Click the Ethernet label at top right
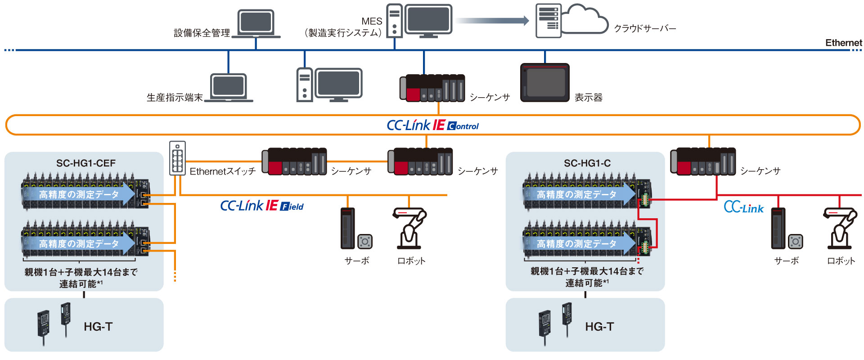click(x=843, y=43)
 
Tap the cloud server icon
click(x=571, y=20)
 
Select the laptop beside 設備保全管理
click(x=256, y=24)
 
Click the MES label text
click(x=372, y=21)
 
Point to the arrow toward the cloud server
click(x=492, y=20)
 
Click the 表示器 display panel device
click(x=545, y=83)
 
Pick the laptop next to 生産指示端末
click(x=229, y=88)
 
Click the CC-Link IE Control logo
click(x=432, y=125)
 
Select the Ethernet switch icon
click(x=177, y=158)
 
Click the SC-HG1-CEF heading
click(x=86, y=163)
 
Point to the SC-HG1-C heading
click(x=587, y=163)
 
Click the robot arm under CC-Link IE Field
click(x=410, y=228)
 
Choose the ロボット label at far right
click(x=841, y=261)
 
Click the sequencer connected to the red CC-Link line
click(x=703, y=161)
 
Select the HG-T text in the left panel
click(x=98, y=327)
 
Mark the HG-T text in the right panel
click(x=599, y=327)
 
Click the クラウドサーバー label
click(x=645, y=28)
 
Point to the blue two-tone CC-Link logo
click(x=743, y=207)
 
